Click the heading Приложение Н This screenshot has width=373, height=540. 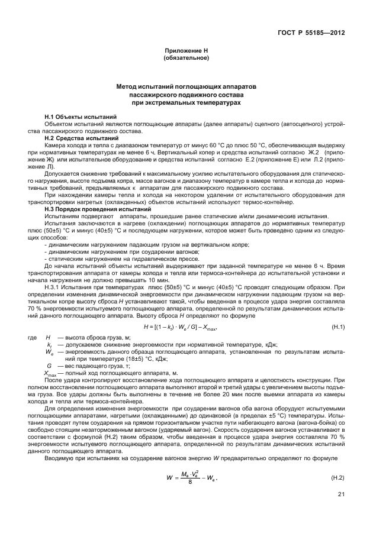pyautogui.click(x=186, y=52)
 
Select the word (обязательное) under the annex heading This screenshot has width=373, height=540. pyautogui.click(x=186, y=59)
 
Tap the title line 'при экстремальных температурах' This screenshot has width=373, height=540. pyautogui.click(x=186, y=102)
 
